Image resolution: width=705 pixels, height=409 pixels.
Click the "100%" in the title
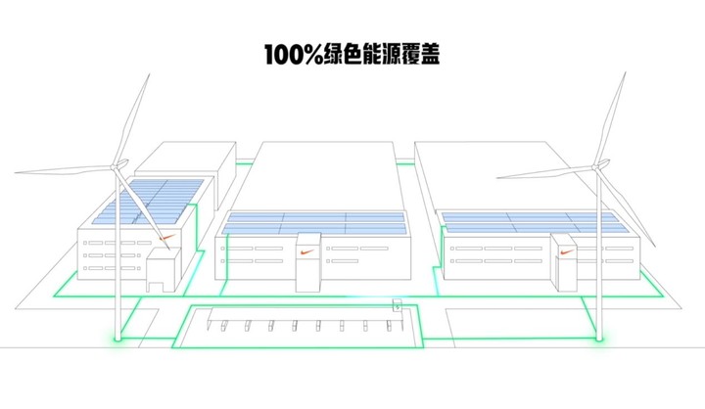294,55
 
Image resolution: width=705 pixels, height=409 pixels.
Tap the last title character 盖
430,55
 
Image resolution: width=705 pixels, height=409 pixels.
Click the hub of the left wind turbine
116,166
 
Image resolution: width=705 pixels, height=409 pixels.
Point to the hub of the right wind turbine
596,166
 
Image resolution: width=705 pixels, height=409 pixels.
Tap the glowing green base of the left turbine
117,339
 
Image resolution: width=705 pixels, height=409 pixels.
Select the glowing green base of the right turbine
599,339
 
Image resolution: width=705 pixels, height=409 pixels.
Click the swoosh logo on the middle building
308,251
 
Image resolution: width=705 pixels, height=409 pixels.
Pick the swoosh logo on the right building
567,251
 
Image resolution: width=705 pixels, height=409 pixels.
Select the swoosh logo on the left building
167,238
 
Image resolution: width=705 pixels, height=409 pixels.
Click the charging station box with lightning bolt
398,305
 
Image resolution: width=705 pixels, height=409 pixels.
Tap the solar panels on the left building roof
149,202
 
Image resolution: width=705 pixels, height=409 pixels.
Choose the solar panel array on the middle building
314,223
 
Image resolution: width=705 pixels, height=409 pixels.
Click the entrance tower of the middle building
308,262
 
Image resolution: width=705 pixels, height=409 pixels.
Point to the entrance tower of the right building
567,263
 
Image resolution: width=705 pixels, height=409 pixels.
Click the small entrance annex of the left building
163,270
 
